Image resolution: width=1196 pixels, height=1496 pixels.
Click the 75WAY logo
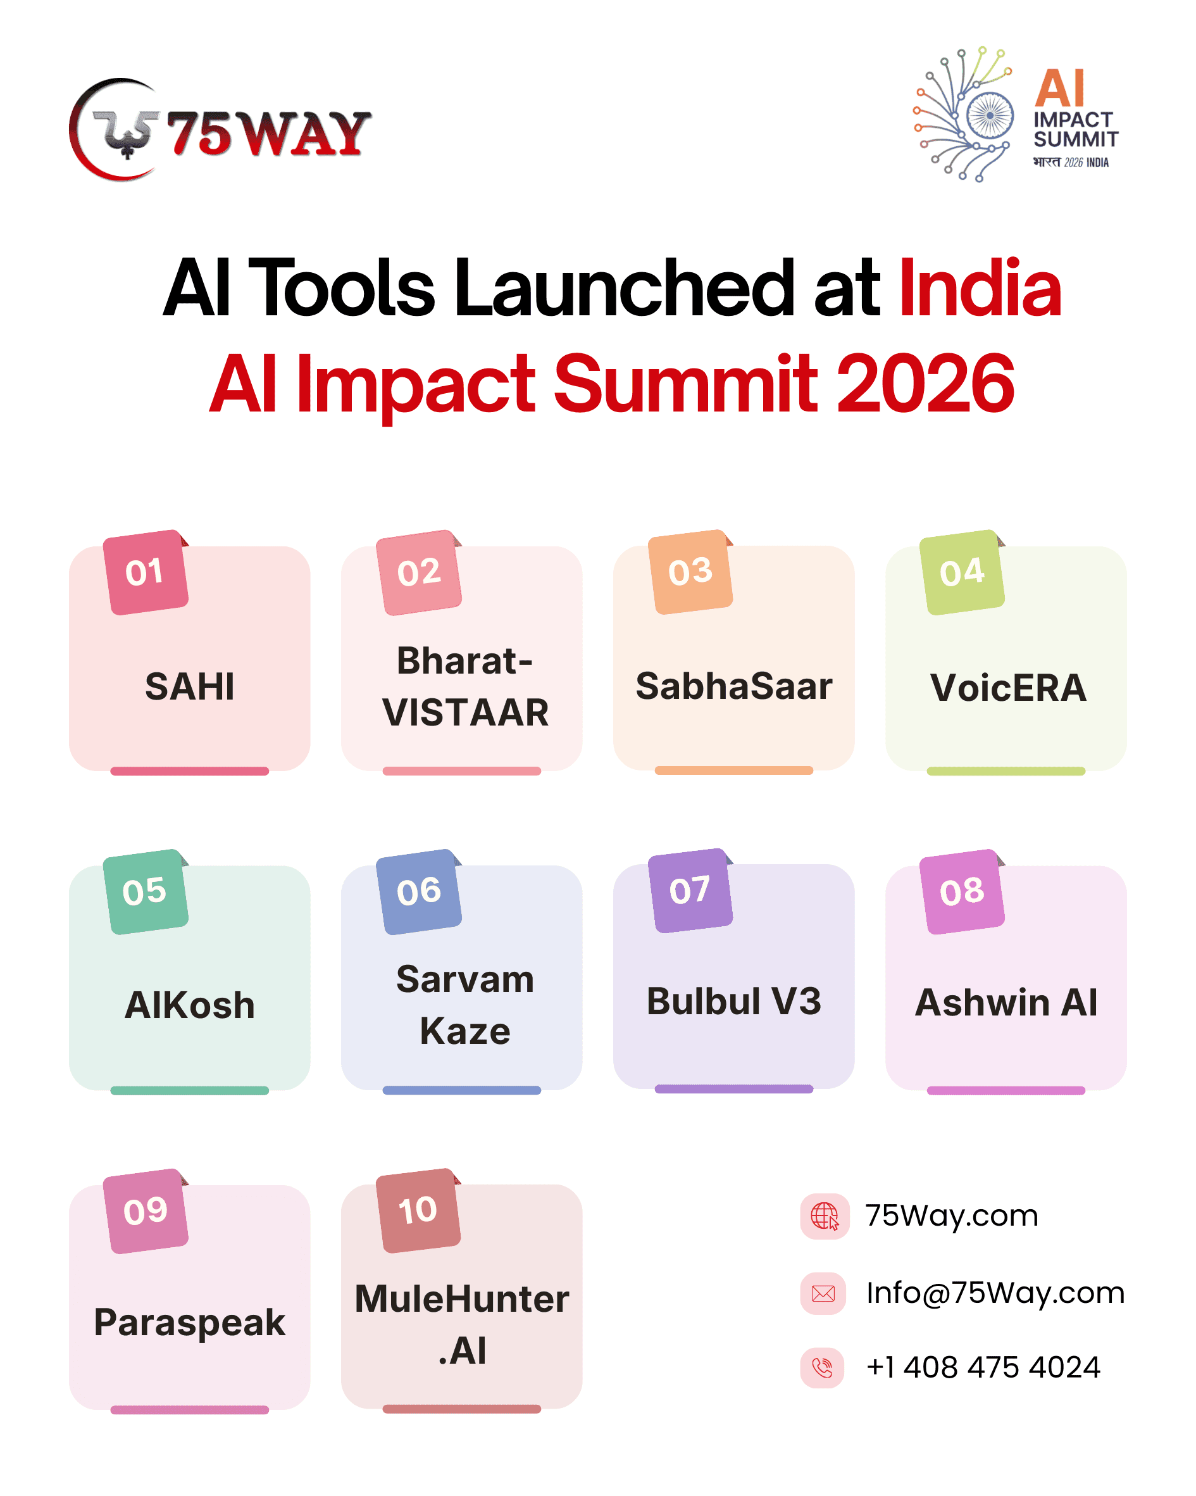[220, 130]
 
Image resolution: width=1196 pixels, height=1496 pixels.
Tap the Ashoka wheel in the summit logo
[989, 115]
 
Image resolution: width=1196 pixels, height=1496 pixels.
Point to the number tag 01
[146, 572]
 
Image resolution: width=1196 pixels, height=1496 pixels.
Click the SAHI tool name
[189, 686]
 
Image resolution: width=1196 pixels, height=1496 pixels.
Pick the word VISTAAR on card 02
[466, 713]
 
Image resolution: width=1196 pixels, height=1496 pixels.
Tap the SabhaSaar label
[734, 686]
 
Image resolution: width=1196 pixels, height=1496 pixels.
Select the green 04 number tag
[962, 572]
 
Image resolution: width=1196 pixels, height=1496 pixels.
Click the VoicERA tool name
[1008, 688]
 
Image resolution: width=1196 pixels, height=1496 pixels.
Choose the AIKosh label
[189, 1005]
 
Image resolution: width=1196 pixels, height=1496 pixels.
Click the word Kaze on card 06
[465, 1031]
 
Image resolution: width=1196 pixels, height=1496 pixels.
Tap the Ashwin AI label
[1006, 1003]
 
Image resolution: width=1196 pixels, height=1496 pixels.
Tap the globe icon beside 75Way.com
[825, 1216]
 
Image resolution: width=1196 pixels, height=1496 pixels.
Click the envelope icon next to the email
[823, 1293]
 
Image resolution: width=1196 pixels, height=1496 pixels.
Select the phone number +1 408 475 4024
[983, 1367]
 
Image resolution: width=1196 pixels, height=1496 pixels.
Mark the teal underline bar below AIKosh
[189, 1091]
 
